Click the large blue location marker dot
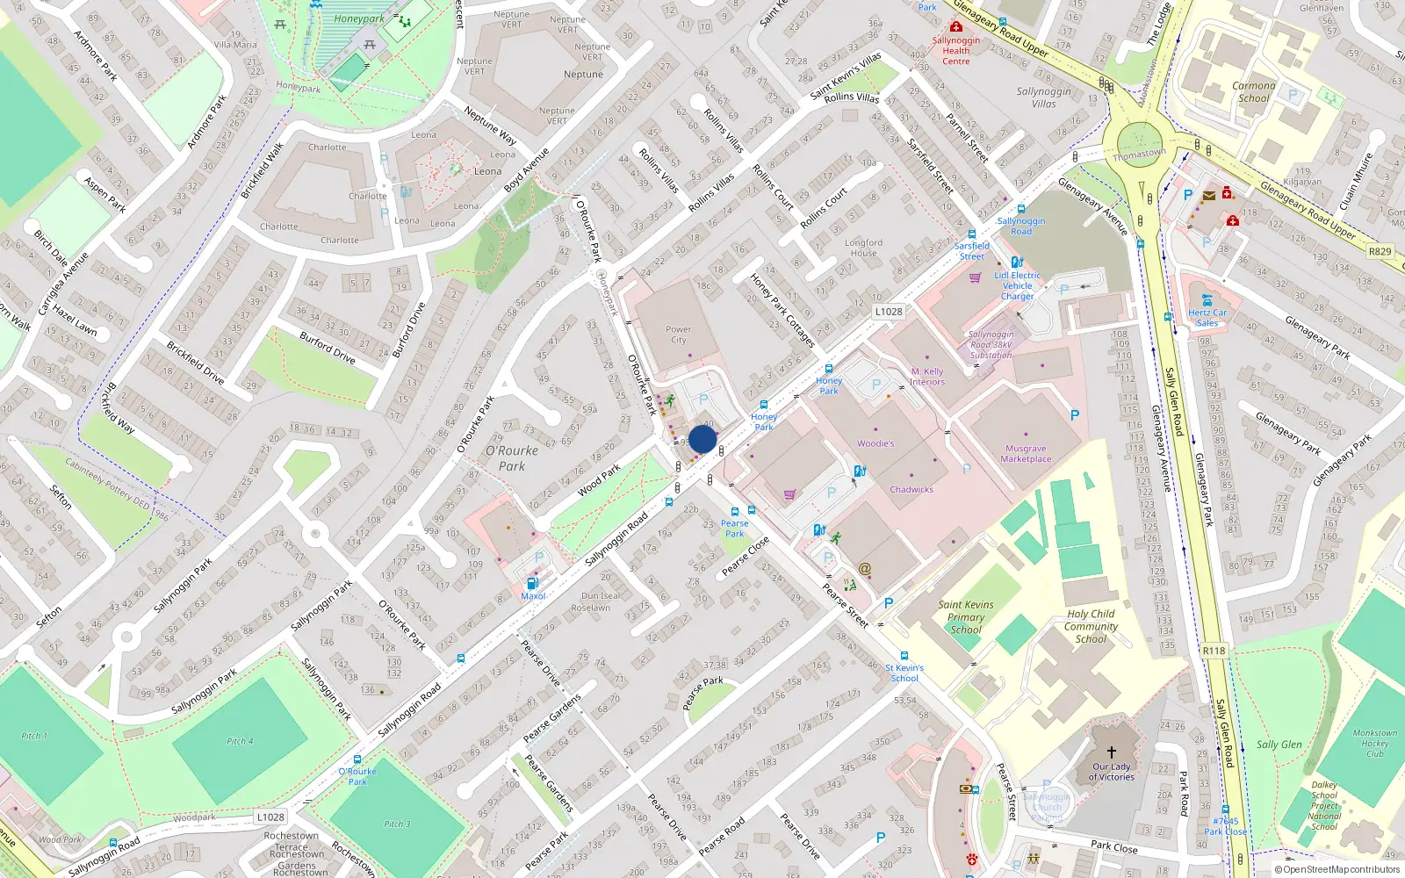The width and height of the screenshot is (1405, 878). tap(702, 439)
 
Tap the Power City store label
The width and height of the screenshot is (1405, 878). tap(679, 335)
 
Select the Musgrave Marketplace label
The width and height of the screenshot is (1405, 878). tap(1026, 454)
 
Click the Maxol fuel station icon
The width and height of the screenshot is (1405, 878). tap(531, 583)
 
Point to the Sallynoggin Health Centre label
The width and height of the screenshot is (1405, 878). tap(956, 51)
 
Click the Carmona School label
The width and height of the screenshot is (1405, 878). tap(1253, 92)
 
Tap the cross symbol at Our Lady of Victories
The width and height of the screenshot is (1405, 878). tap(1111, 752)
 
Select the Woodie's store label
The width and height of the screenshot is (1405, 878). tap(875, 443)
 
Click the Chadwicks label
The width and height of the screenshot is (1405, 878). tap(911, 490)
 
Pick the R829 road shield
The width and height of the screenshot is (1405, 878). tap(1380, 251)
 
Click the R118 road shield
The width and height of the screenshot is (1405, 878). tap(1214, 651)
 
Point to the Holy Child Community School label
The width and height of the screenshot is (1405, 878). tap(1091, 627)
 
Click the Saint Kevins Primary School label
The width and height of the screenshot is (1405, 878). tap(966, 617)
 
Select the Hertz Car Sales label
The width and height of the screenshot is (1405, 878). tap(1207, 318)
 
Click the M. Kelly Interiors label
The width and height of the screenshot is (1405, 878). tap(927, 377)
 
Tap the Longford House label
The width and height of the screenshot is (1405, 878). tap(863, 248)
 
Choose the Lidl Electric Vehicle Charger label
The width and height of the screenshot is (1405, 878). tap(1018, 285)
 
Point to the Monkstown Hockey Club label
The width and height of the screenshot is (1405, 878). tap(1374, 744)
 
